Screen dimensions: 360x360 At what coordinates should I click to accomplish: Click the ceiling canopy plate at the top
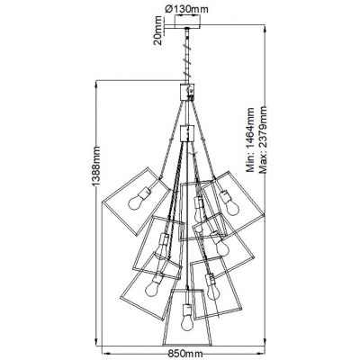(186, 28)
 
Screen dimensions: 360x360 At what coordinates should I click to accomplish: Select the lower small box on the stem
(186, 133)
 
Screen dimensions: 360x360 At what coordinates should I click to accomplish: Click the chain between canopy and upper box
(186, 58)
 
